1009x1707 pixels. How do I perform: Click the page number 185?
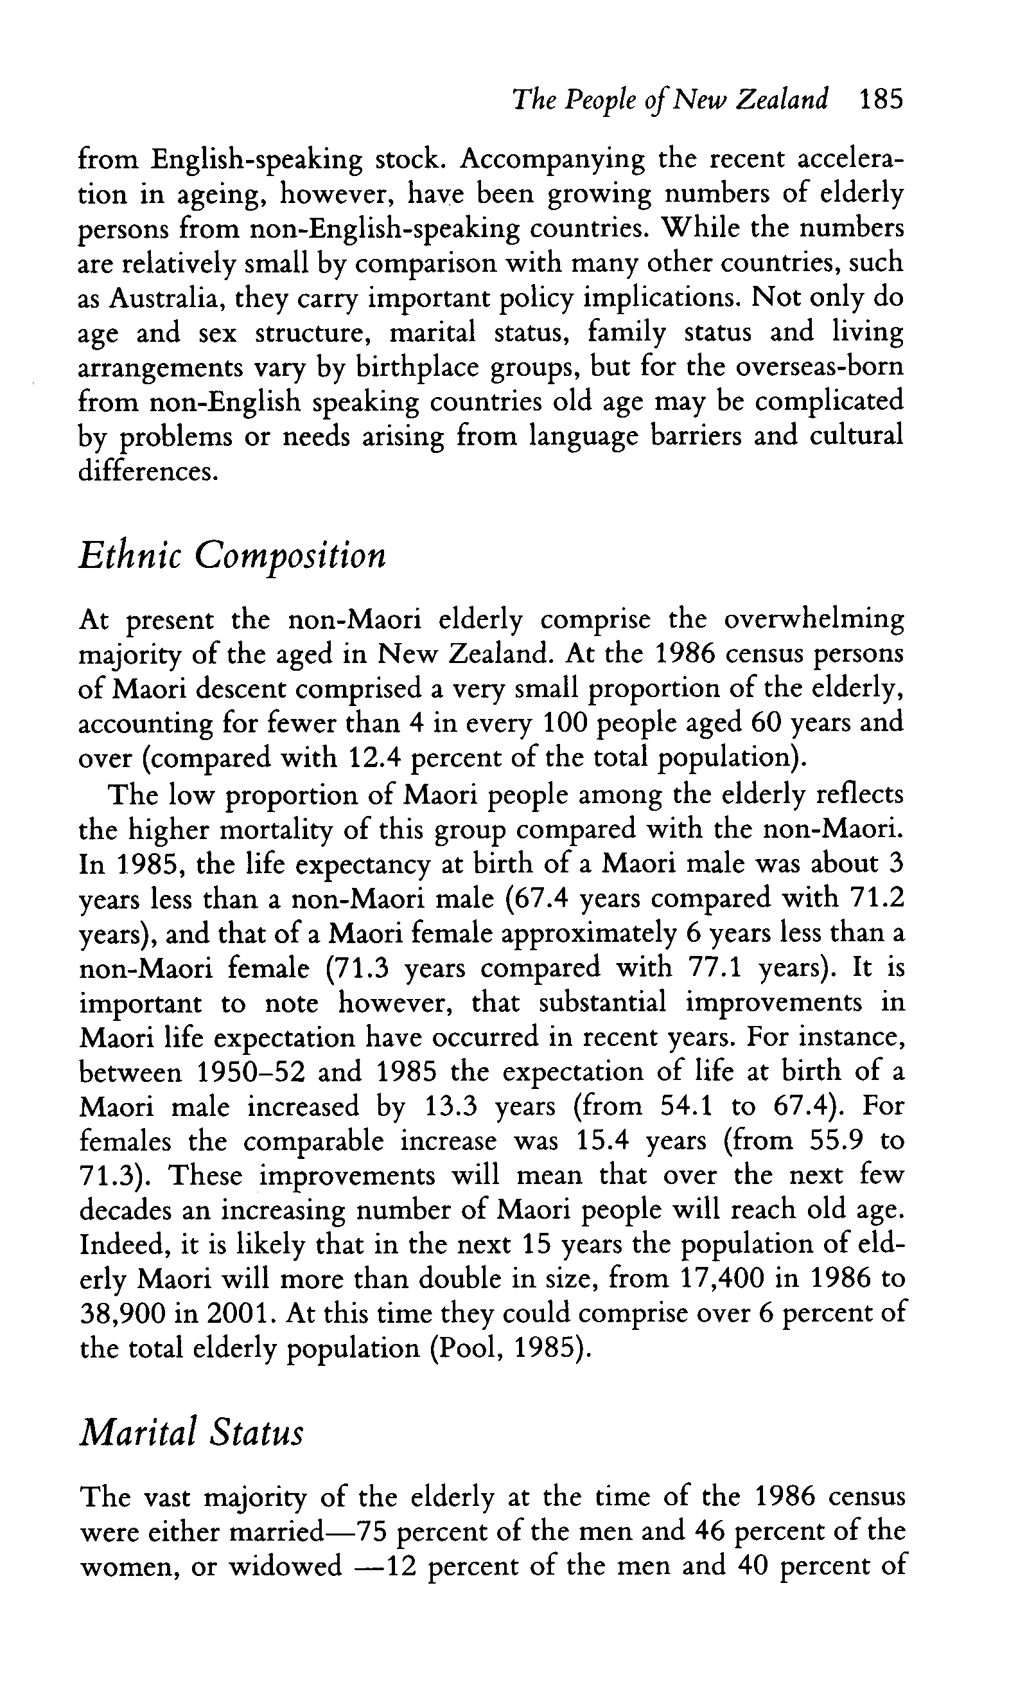tap(881, 101)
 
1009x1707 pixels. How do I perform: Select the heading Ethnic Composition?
tap(233, 558)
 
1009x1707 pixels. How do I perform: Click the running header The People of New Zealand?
tap(671, 101)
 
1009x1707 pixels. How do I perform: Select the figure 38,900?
tap(123, 1314)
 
